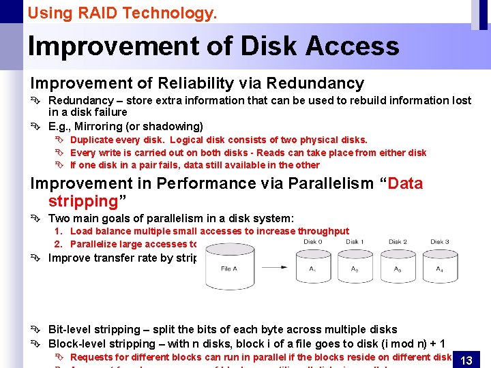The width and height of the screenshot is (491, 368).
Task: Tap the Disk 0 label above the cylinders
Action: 313,241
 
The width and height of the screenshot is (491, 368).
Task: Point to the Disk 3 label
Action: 440,241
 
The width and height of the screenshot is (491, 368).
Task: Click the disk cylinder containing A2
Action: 355,269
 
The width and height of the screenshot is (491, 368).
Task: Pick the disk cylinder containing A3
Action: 398,269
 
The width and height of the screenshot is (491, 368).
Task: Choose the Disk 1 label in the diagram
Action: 355,241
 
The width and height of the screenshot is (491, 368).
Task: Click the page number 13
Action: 466,360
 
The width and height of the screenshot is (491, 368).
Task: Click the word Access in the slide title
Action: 352,46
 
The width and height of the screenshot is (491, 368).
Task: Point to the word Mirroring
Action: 100,126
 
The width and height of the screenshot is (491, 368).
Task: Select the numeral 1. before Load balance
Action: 59,232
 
